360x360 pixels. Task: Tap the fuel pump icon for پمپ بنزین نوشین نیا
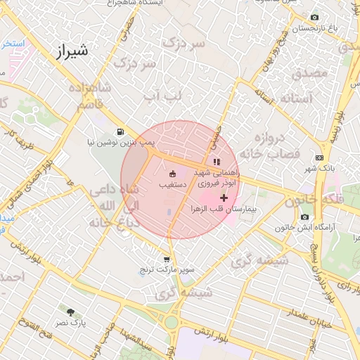(x=121, y=131)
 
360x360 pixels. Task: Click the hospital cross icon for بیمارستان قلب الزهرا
(x=224, y=199)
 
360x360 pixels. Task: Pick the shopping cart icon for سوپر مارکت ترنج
(x=167, y=259)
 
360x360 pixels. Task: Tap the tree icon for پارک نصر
(x=70, y=311)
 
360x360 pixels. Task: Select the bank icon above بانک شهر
(x=320, y=157)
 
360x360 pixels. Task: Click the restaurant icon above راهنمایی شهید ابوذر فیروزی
(x=216, y=162)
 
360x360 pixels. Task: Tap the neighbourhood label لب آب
(x=162, y=94)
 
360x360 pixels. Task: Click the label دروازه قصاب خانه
(x=269, y=145)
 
